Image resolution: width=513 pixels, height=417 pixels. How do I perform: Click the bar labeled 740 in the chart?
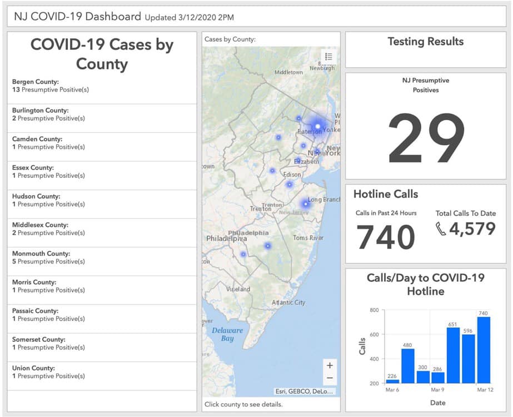point(484,350)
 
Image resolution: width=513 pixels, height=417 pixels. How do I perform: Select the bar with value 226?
point(392,381)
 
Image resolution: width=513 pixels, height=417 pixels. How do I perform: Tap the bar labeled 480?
point(407,366)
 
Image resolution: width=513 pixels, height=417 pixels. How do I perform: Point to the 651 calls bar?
point(453,355)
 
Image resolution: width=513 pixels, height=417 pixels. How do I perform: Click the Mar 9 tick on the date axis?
point(437,390)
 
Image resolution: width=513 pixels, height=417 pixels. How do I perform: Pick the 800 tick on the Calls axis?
point(374,310)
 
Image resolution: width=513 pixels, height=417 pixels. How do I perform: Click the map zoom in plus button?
point(330,365)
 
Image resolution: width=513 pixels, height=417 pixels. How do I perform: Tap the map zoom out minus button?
point(330,378)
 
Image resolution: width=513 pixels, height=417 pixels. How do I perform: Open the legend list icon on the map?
point(328,57)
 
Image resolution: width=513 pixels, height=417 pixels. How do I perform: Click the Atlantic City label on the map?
point(288,302)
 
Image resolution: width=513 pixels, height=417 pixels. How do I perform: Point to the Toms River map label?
point(308,237)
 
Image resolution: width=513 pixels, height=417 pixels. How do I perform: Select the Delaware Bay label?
point(227,334)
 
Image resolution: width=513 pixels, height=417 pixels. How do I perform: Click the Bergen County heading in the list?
point(36,82)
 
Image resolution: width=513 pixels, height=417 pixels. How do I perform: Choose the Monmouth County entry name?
point(41,254)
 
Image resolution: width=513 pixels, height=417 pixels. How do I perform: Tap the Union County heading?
point(34,368)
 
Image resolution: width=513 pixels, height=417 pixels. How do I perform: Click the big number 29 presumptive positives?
point(426,138)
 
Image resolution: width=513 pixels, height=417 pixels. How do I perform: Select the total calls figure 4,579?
point(472,229)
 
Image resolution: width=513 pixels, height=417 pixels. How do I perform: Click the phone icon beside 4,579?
point(441,229)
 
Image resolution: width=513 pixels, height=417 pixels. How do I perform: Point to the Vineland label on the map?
point(238,289)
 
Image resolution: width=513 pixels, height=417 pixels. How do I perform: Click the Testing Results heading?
point(426,42)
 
